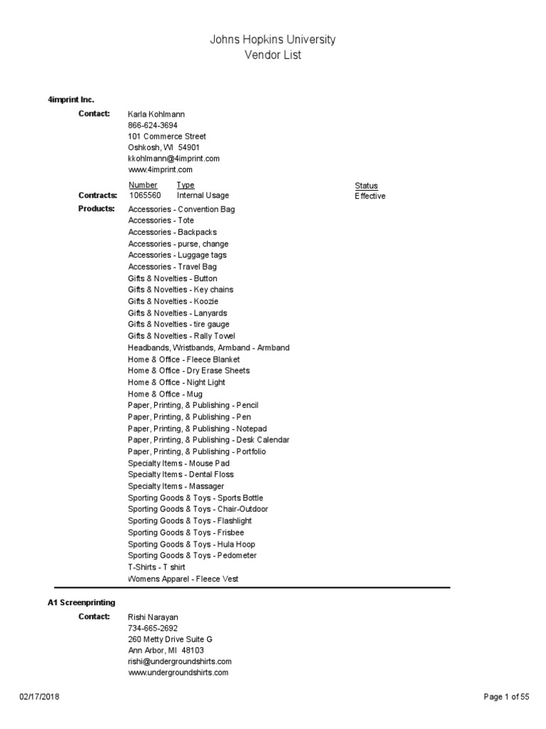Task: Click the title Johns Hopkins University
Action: coord(272,40)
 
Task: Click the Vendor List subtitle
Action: coord(272,56)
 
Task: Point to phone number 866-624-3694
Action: coord(153,125)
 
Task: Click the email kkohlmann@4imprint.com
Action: coord(173,159)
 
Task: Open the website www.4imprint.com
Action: coord(161,170)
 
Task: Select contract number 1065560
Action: coord(145,196)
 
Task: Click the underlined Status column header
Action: coord(366,185)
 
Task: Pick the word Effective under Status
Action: coord(370,196)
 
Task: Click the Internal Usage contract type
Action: coord(203,196)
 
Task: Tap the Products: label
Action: coord(96,209)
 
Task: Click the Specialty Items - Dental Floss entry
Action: coord(181,474)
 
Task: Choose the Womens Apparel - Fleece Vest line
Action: coord(183,579)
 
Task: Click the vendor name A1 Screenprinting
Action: coord(81,602)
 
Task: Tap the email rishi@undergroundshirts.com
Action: coord(180,661)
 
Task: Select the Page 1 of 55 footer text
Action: coord(506,697)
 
